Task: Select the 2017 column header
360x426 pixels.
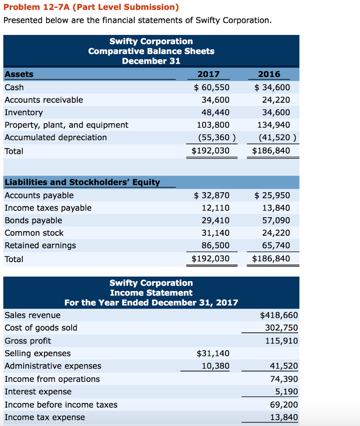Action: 208,74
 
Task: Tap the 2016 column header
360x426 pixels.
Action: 269,74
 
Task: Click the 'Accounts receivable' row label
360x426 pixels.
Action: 44,100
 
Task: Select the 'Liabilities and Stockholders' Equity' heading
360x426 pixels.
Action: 82,182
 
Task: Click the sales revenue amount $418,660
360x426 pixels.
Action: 279,315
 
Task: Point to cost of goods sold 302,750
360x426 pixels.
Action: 281,328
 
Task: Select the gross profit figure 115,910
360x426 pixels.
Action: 281,341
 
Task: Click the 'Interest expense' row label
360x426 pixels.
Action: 38,392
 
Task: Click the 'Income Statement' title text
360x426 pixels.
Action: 151,293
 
